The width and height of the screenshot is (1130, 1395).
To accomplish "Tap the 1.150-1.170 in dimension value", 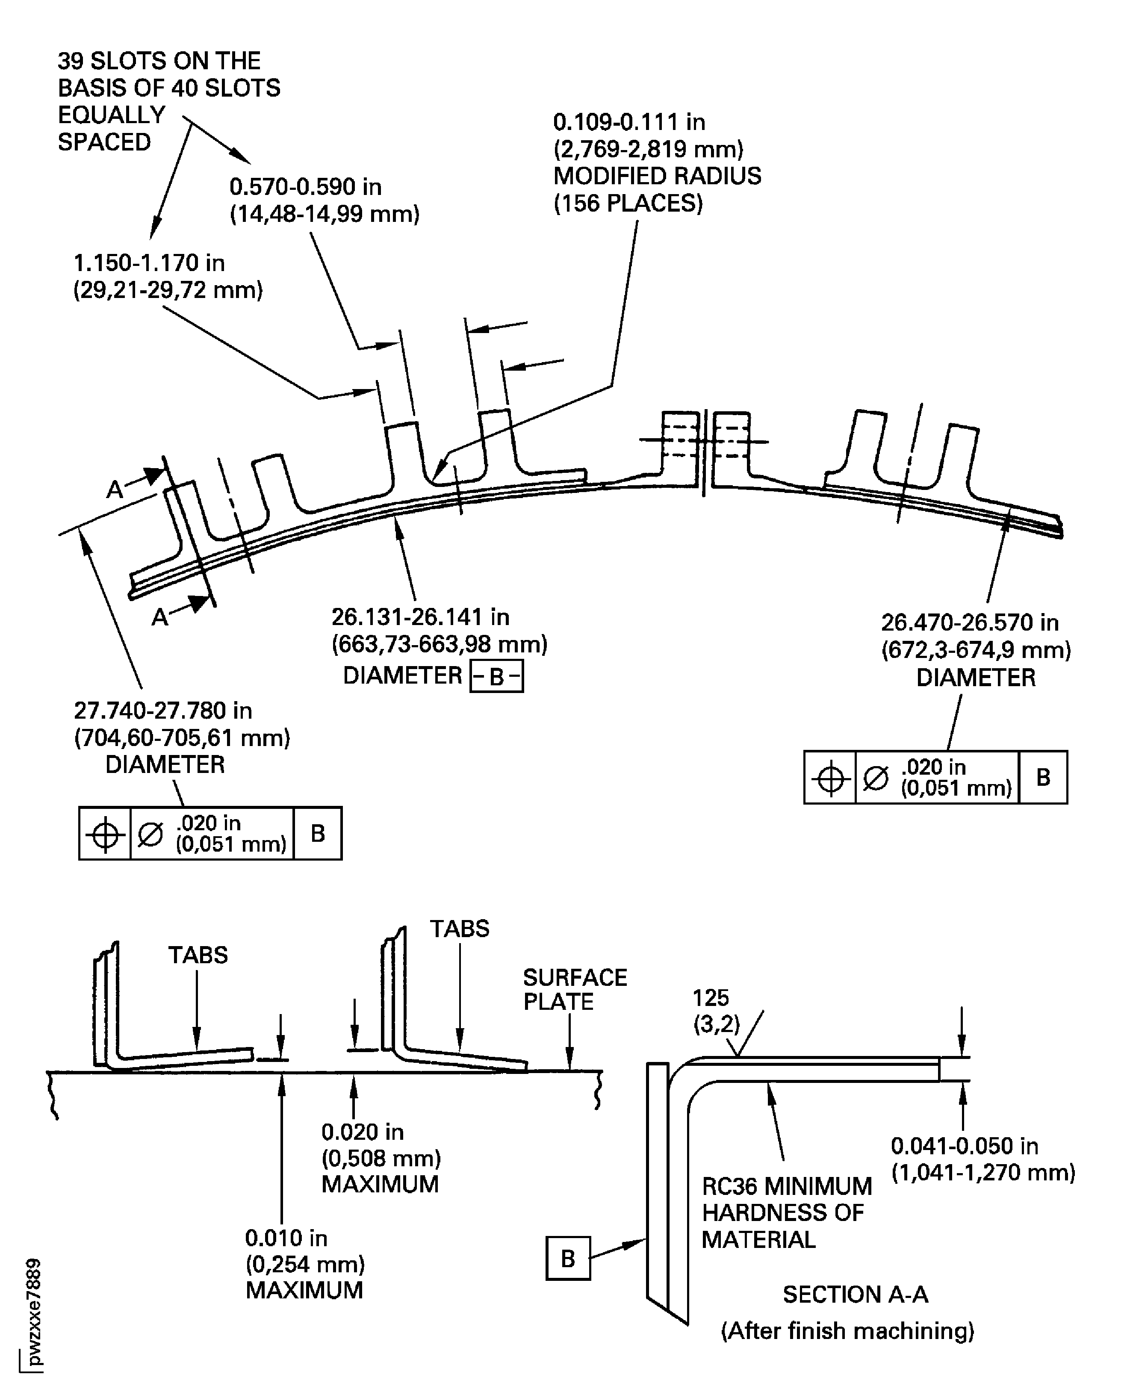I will tap(149, 263).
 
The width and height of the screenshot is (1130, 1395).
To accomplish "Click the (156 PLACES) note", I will tap(628, 204).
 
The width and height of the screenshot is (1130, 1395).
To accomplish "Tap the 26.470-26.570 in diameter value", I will tap(970, 623).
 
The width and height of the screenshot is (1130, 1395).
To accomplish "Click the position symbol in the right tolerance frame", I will tap(830, 778).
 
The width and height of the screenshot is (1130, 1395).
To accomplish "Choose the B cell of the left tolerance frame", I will tap(318, 834).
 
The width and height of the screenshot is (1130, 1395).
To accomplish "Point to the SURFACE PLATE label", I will tap(575, 989).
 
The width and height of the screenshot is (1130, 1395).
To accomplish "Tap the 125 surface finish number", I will tap(711, 998).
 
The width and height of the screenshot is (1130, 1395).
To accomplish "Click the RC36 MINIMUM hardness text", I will tap(786, 1187).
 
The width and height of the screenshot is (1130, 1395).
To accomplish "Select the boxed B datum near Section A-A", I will tap(568, 1259).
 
